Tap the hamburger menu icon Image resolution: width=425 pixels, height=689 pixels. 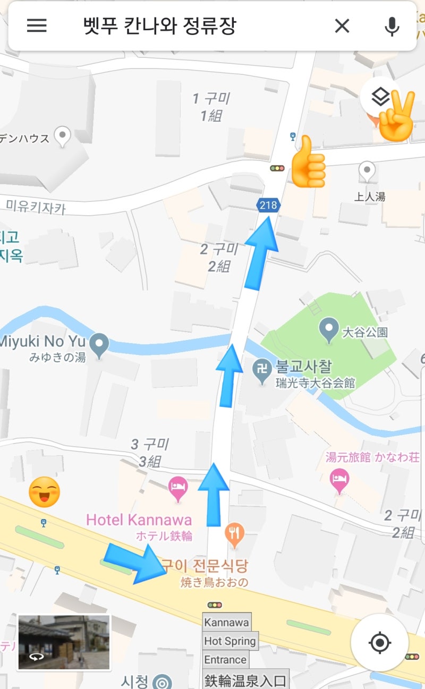pyautogui.click(x=37, y=25)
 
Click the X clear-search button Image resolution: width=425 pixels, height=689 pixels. pyautogui.click(x=342, y=25)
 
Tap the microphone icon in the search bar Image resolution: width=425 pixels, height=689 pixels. pyautogui.click(x=392, y=25)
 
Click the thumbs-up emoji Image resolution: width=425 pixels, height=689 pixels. pyautogui.click(x=308, y=162)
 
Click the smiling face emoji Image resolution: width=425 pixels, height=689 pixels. pyautogui.click(x=44, y=491)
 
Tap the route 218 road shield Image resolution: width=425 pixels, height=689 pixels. pyautogui.click(x=268, y=205)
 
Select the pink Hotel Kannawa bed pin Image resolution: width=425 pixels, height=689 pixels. pyautogui.click(x=178, y=489)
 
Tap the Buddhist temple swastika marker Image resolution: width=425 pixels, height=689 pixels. pyautogui.click(x=261, y=368)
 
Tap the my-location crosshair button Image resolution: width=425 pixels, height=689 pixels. pyautogui.click(x=379, y=643)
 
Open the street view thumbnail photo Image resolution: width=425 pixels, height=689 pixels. pyautogui.click(x=64, y=642)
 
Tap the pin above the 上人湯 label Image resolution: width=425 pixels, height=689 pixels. pyautogui.click(x=367, y=171)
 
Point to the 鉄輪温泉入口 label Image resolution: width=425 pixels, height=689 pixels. pyautogui.click(x=245, y=679)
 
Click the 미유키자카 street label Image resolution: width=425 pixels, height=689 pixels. pyautogui.click(x=36, y=206)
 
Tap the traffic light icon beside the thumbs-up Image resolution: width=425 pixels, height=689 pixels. pyautogui.click(x=277, y=168)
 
